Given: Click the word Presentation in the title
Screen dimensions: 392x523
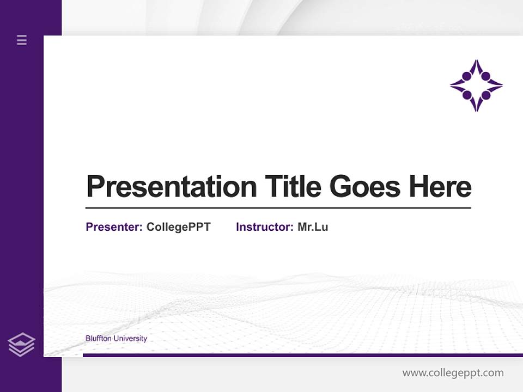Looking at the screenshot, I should (171, 187).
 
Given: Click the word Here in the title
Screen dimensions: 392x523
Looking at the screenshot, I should (440, 187).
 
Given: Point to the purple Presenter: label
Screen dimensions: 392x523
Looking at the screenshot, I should (114, 227).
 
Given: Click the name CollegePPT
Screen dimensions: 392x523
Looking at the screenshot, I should (178, 227).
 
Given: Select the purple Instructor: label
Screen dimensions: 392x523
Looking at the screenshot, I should (265, 227).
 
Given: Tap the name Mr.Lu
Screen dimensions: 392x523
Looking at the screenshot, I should (313, 227).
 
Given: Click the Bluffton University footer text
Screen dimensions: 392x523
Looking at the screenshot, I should (116, 339).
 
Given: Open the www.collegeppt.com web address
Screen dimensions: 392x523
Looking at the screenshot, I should (453, 373).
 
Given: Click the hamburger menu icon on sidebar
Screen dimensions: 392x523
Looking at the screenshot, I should (22, 40).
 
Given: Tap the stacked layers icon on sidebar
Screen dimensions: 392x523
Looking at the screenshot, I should (21, 345).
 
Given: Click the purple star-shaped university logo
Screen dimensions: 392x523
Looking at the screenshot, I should (476, 85).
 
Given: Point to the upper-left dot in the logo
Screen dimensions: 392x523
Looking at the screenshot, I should (467, 76).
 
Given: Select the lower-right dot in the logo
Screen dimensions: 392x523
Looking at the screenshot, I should (485, 95).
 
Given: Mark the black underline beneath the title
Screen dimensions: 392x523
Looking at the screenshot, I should (278, 207).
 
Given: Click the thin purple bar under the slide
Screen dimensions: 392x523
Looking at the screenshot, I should (302, 355).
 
